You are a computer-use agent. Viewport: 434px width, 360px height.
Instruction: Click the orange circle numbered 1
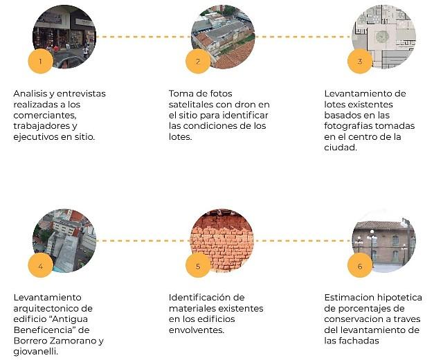pos(41,62)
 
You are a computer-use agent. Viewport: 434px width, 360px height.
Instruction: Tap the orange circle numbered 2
pos(197,62)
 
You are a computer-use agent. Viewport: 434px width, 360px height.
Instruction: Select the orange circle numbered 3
pos(359,62)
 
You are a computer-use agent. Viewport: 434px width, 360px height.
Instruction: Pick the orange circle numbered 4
pos(41,266)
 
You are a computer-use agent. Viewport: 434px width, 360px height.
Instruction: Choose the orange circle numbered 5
pos(197,266)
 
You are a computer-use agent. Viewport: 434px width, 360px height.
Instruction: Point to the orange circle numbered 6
pos(359,266)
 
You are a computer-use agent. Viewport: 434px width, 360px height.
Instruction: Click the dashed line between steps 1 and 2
pos(142,36)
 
